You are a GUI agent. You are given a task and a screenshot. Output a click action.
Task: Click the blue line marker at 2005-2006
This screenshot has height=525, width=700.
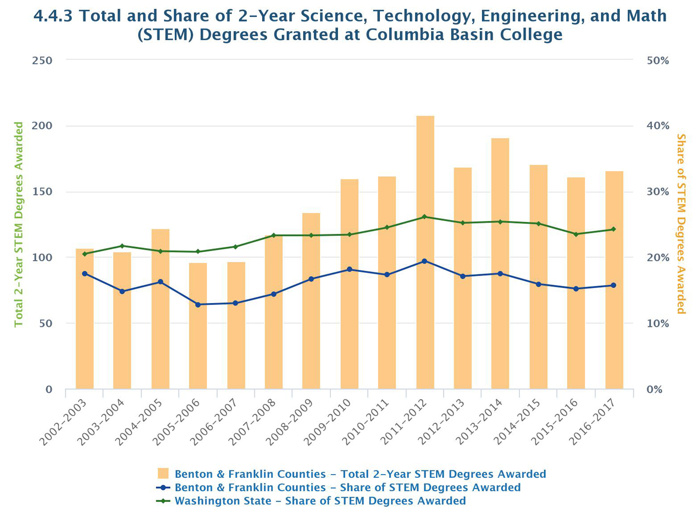point(198,304)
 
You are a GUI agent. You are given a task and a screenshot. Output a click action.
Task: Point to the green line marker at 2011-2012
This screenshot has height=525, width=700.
point(425,217)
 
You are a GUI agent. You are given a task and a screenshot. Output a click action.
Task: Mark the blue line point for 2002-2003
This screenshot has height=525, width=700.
point(84,274)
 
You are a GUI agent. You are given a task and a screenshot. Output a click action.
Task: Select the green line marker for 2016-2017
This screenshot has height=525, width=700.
point(614,229)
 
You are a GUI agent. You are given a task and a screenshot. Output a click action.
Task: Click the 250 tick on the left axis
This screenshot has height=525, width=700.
point(42,61)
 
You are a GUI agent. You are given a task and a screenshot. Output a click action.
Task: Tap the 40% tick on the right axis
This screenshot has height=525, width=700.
point(658,126)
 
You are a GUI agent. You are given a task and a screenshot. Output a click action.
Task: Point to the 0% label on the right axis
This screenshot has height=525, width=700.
point(654,389)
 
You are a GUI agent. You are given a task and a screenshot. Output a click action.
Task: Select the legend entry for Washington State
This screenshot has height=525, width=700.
point(320,501)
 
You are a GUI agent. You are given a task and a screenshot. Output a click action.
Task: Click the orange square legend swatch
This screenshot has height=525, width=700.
point(163,474)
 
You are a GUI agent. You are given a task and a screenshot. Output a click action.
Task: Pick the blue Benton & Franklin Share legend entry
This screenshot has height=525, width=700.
point(347,488)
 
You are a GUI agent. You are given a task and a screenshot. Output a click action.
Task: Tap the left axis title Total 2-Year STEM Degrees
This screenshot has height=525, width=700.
point(19,224)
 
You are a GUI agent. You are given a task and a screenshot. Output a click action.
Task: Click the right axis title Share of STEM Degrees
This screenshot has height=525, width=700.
point(681,224)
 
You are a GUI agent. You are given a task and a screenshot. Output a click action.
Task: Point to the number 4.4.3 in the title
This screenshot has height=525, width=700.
point(53,16)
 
